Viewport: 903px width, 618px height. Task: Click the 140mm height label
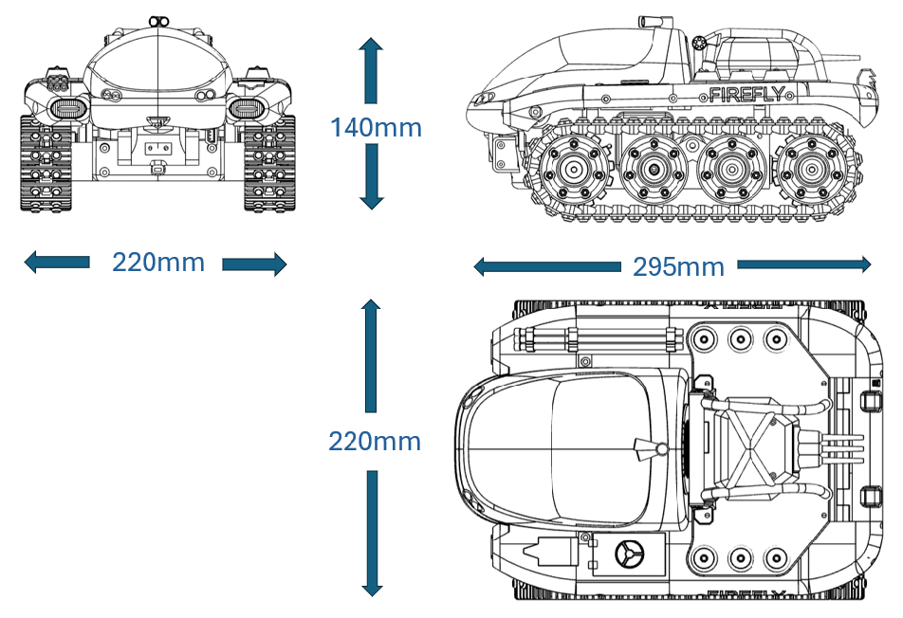point(376,127)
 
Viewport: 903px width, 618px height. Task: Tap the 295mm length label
point(678,267)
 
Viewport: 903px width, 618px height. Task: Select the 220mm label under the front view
point(158,263)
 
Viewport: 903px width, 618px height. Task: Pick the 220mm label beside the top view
point(375,442)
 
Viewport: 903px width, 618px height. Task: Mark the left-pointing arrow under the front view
point(57,263)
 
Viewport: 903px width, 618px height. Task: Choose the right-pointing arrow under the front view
point(254,264)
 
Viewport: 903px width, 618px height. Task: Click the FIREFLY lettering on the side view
point(746,94)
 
